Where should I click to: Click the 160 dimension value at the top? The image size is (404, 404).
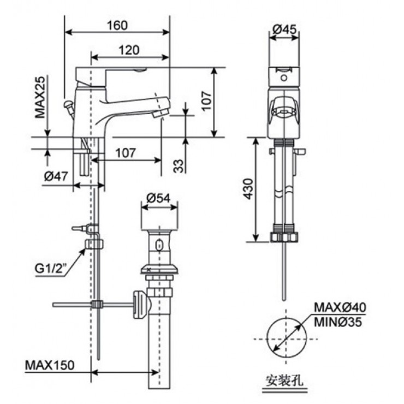[117, 25]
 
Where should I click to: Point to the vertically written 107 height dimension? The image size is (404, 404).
[205, 102]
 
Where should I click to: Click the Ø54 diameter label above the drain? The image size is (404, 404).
[159, 198]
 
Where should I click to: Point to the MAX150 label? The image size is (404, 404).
[50, 364]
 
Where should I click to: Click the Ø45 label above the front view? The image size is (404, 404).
[284, 31]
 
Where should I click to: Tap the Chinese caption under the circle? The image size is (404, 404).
[282, 380]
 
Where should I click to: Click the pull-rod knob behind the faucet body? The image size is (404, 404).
[69, 104]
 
